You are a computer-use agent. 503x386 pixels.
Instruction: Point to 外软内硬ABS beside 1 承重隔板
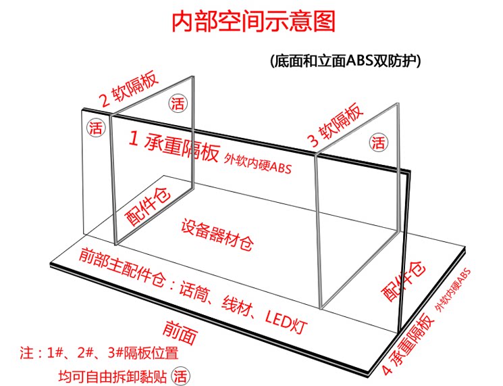click(x=260, y=163)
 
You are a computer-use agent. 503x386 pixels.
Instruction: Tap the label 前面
click(x=182, y=330)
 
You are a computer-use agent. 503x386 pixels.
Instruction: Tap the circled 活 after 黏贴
click(x=180, y=374)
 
